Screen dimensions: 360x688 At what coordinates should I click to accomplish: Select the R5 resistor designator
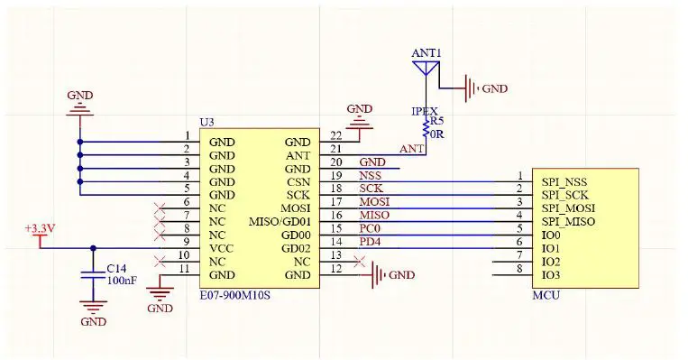[436, 121]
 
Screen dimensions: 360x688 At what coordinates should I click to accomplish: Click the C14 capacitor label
[116, 269]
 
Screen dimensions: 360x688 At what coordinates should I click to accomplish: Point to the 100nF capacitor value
[123, 282]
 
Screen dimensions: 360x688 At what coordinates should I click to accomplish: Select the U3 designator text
[206, 121]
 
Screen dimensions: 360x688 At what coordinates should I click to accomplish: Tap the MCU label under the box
[546, 294]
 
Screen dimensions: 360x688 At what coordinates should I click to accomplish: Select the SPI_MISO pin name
[567, 221]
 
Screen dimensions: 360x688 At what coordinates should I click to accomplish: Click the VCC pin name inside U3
[222, 247]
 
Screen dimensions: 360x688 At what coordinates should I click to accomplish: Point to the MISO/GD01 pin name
[279, 221]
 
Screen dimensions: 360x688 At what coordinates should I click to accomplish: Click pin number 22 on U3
[335, 135]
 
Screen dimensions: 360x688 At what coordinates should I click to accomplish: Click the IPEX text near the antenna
[425, 111]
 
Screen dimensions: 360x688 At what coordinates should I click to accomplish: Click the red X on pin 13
[360, 262]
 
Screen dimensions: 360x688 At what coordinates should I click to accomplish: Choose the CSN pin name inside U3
[298, 181]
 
